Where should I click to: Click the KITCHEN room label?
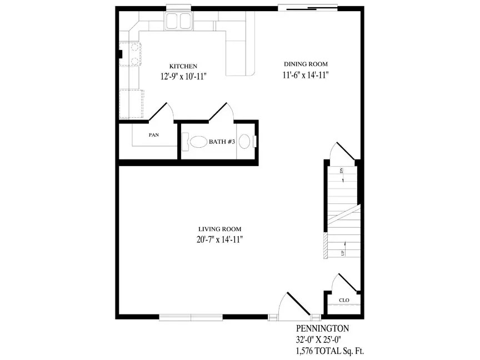[x=183, y=66]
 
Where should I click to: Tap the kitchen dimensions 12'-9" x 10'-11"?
[x=184, y=76]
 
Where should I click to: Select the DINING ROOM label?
[x=306, y=64]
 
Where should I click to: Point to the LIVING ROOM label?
[x=220, y=229]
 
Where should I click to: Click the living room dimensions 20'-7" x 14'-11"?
[x=220, y=239]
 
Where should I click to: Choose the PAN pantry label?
[x=154, y=134]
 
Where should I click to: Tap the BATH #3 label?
[x=222, y=142]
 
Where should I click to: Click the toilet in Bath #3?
[x=194, y=142]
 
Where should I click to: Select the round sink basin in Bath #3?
[x=244, y=142]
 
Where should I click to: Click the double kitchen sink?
[x=179, y=22]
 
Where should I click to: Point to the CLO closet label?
[x=344, y=300]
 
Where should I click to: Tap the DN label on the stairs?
[x=342, y=171]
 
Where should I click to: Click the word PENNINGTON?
[x=322, y=328]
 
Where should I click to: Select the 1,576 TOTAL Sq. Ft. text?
[x=330, y=351]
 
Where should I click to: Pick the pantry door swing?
[x=161, y=112]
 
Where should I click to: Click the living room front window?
[x=191, y=317]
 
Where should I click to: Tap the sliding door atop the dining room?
[x=308, y=8]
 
